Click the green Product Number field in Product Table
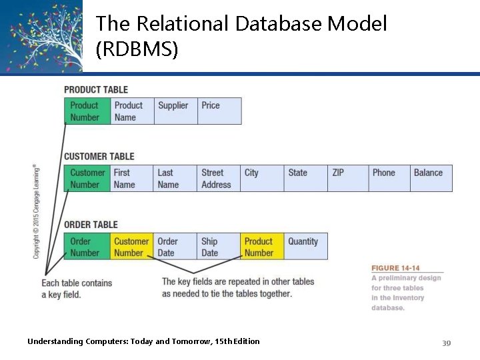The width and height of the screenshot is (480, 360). [87, 111]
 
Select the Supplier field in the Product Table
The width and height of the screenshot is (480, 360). [175, 111]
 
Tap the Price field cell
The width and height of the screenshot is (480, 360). [219, 111]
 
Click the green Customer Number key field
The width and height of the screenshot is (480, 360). [87, 179]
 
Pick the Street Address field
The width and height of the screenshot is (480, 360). [218, 179]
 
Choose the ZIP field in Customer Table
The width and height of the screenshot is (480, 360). [348, 179]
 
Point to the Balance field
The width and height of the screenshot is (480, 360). [431, 179]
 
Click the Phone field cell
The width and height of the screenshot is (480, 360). [389, 179]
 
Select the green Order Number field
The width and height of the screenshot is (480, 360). [87, 247]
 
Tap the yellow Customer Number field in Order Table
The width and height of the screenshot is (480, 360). [131, 247]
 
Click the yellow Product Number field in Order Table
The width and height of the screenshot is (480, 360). [261, 247]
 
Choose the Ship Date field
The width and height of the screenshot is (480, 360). [218, 247]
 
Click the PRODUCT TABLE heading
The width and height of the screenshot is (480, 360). [96, 89]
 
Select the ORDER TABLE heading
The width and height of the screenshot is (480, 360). [91, 225]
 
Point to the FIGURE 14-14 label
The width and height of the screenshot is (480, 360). [395, 268]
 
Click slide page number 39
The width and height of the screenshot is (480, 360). [446, 343]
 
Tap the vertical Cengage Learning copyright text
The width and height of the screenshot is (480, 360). [36, 211]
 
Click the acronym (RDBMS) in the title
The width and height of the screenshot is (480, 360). [137, 49]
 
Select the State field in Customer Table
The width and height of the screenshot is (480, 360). [305, 179]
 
